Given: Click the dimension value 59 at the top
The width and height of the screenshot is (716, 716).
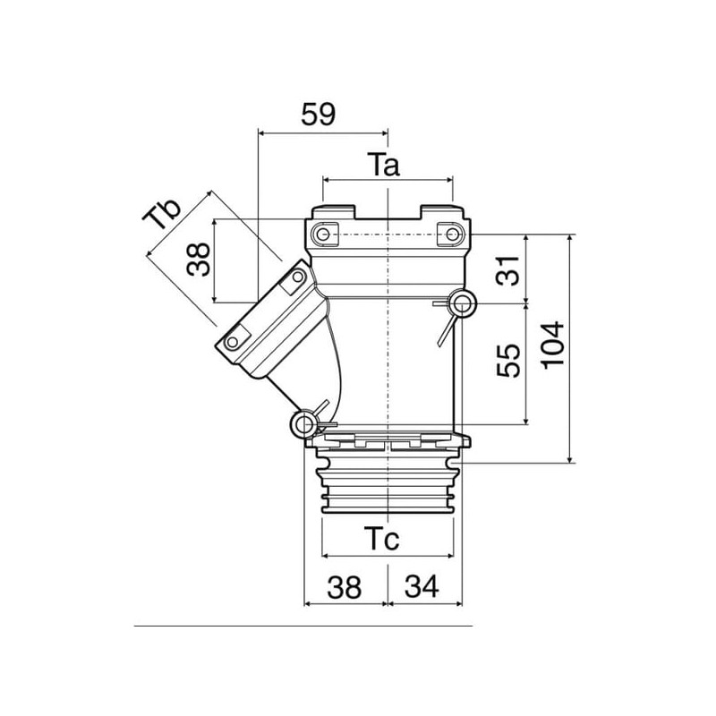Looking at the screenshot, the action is [318, 115].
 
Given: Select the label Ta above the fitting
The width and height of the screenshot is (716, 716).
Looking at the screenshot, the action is [384, 165].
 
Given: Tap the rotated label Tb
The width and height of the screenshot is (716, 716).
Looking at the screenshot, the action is [161, 214].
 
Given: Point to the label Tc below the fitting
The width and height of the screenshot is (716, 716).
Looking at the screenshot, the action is [382, 539].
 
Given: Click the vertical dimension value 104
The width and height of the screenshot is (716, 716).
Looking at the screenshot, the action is [553, 344].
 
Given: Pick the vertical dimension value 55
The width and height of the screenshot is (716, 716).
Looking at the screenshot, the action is [508, 361].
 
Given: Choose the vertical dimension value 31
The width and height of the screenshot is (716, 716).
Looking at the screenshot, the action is [508, 271].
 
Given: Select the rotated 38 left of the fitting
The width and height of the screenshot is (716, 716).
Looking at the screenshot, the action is [199, 260].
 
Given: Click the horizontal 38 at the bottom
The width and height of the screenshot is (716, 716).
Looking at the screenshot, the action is [344, 587].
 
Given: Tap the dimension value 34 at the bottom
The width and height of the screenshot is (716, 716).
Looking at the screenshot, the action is [422, 587].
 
